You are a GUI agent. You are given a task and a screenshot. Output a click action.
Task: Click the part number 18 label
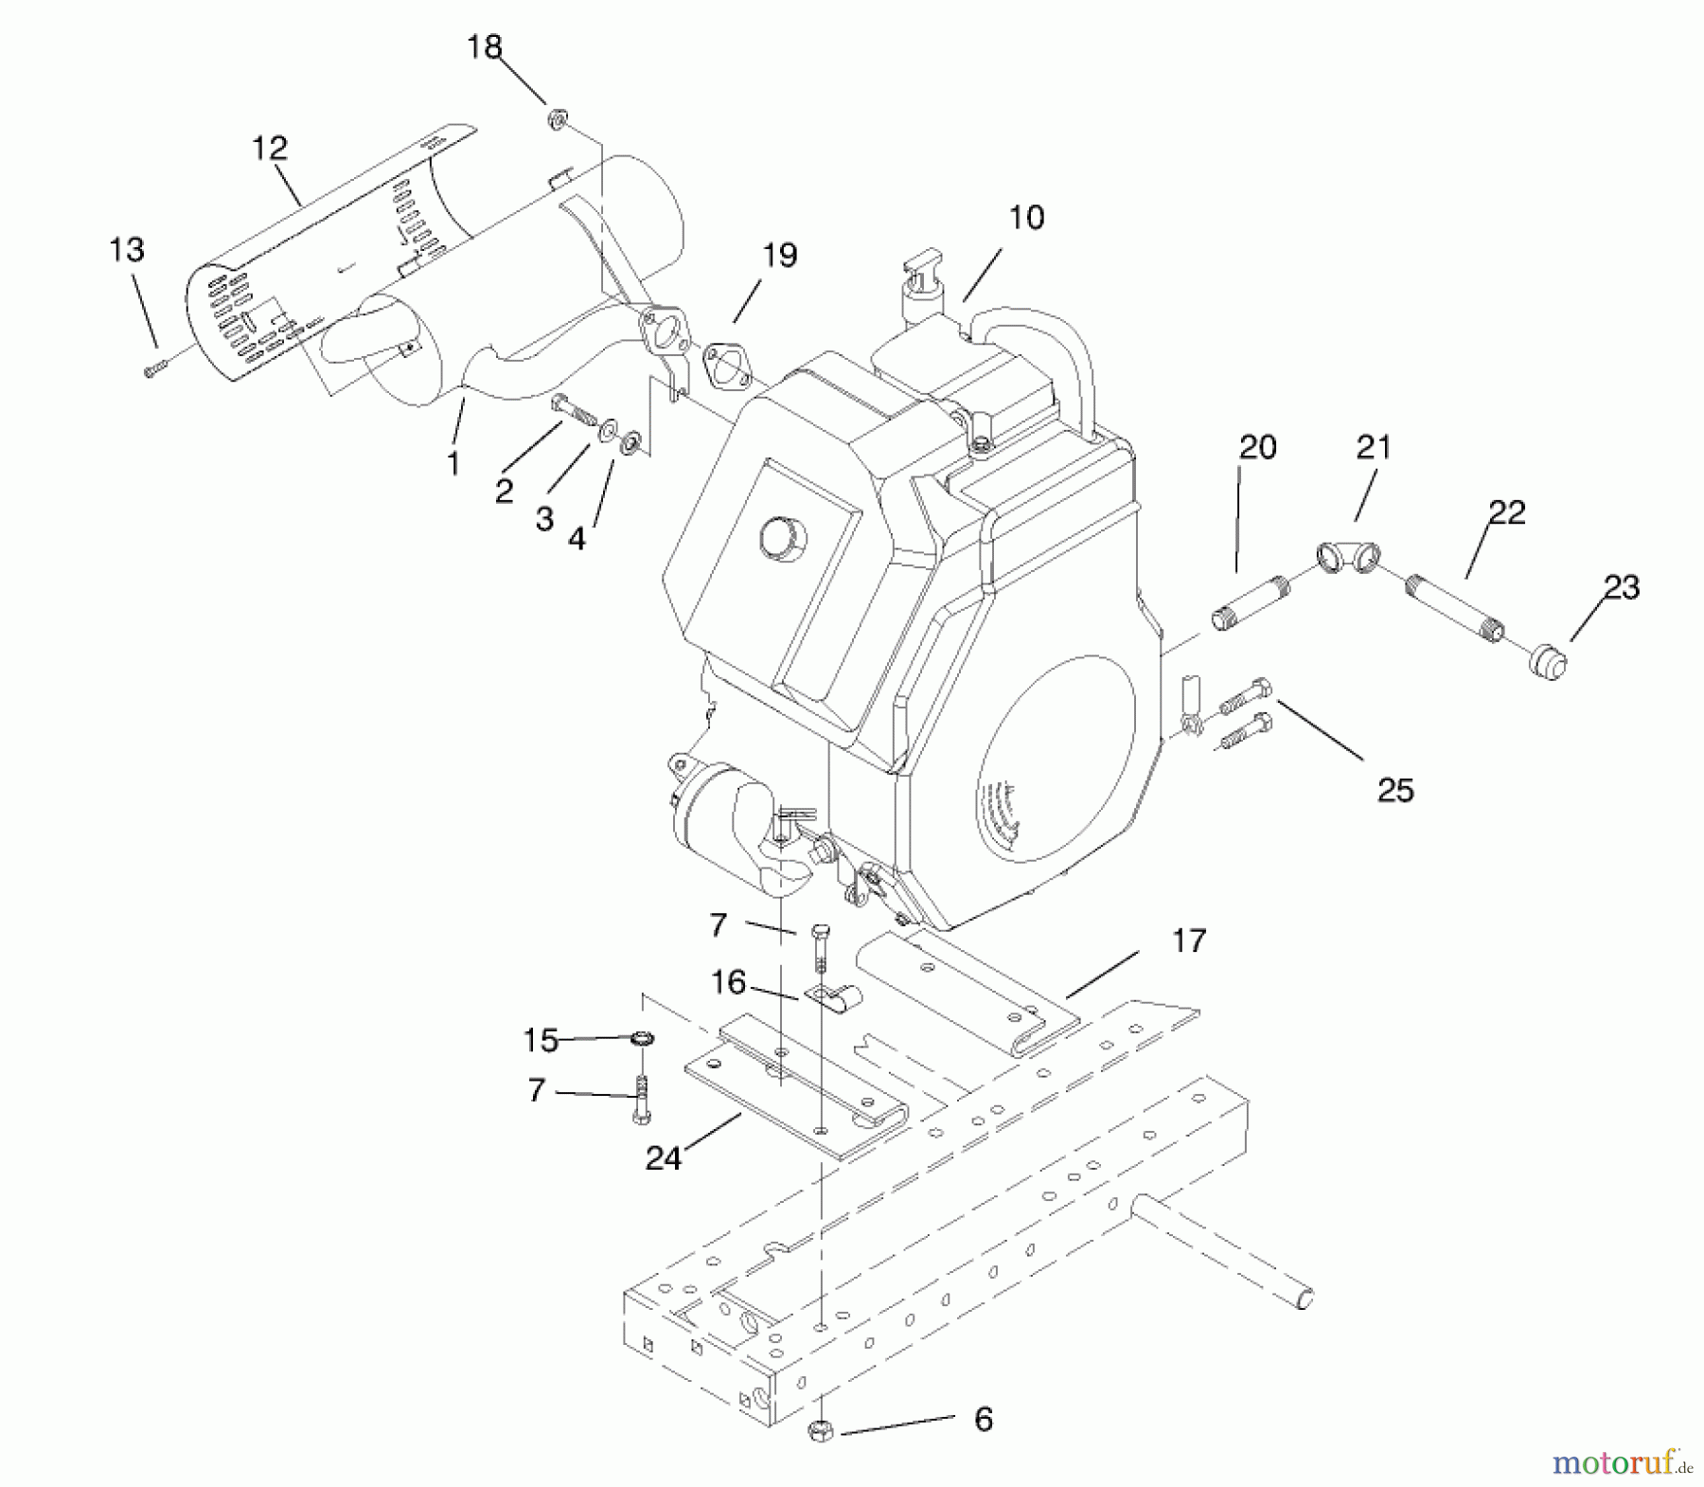[x=485, y=47]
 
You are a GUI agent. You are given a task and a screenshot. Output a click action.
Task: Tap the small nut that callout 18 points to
[x=557, y=118]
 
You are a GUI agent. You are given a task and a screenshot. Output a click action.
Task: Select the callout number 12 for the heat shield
[x=270, y=149]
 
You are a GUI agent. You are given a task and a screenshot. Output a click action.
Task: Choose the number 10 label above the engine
[x=1026, y=218]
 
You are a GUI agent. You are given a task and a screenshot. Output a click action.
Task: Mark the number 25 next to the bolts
[x=1395, y=790]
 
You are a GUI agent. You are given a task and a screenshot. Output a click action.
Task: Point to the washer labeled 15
[x=642, y=1039]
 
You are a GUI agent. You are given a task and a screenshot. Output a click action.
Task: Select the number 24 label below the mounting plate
[x=663, y=1158]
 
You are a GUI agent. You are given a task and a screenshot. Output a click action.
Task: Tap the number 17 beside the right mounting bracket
[x=1189, y=941]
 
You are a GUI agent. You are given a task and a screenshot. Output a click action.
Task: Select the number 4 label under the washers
[x=576, y=538]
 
